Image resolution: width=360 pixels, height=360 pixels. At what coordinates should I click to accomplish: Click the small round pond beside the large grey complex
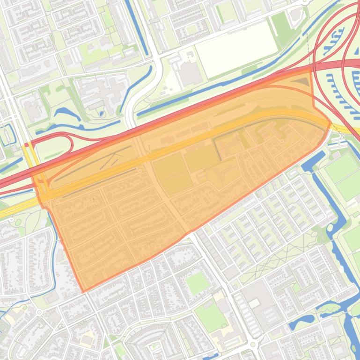pos(102,114)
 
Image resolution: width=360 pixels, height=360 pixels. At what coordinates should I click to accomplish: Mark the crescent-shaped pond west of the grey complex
pos(65,113)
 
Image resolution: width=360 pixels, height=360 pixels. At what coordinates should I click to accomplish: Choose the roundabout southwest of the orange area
pos(39,312)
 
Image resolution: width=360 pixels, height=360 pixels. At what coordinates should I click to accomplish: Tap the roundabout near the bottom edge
pos(253,345)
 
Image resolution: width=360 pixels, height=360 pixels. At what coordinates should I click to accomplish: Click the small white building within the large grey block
pos(254,303)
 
